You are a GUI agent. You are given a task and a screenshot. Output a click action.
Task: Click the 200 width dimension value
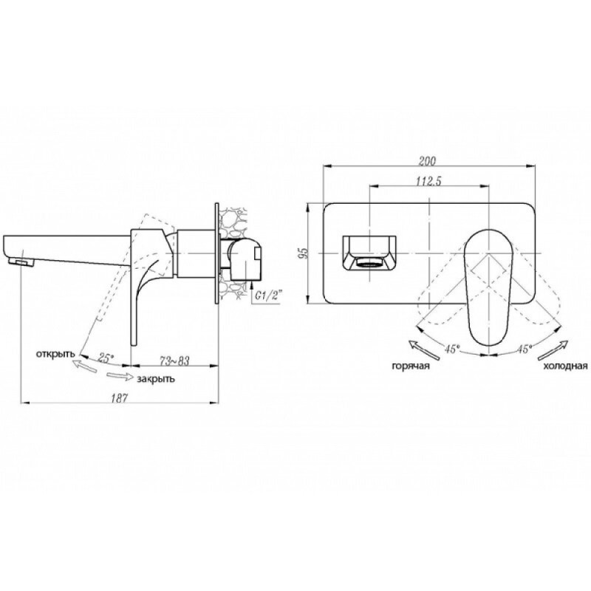(428, 161)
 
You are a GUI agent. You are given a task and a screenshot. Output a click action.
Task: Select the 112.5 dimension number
(428, 181)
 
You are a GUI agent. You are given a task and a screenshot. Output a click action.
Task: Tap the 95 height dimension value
(304, 253)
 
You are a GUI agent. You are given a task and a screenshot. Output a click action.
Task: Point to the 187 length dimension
(120, 397)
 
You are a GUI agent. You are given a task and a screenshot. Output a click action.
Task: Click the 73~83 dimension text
(174, 361)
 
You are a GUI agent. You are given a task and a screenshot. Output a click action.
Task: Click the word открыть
(55, 355)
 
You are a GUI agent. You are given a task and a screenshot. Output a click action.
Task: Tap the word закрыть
(156, 379)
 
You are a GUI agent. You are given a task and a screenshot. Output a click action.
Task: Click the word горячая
(411, 366)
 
